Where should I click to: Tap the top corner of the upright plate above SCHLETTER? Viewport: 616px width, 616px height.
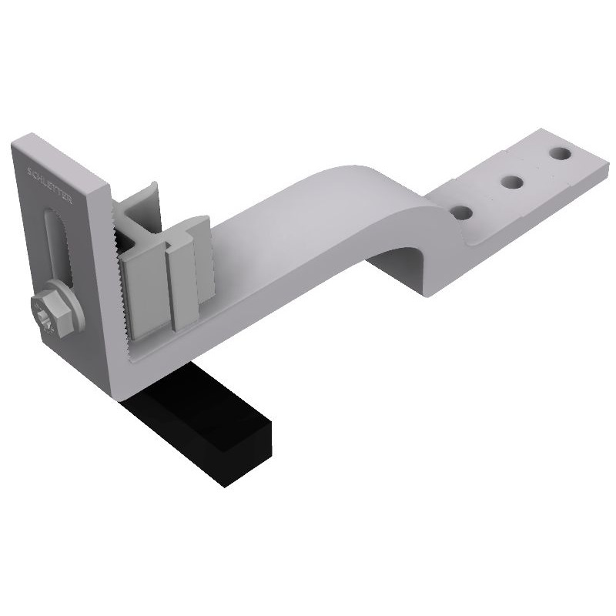(23, 142)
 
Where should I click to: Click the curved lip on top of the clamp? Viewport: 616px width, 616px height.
(150, 189)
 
